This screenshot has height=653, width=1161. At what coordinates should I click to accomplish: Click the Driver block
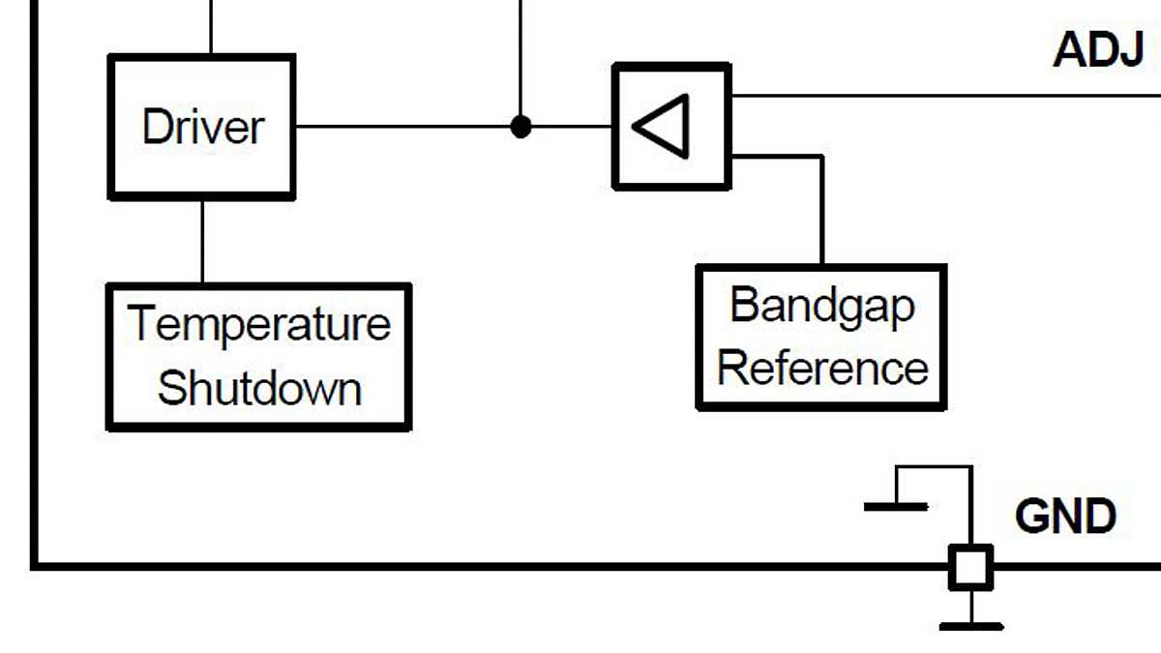tap(201, 127)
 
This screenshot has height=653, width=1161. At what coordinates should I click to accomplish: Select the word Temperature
tap(258, 324)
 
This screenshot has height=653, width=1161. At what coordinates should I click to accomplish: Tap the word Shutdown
tap(258, 388)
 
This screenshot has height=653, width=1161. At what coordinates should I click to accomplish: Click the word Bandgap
tap(821, 306)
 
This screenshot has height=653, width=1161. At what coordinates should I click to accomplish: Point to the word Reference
tap(822, 369)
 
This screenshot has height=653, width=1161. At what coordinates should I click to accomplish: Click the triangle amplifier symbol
tap(663, 126)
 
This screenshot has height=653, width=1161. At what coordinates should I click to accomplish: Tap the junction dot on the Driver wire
tap(521, 126)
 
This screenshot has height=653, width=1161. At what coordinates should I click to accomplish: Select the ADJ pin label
tap(1098, 48)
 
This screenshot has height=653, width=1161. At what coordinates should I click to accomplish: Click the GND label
tap(1065, 517)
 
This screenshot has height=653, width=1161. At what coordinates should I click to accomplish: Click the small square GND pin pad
tap(970, 568)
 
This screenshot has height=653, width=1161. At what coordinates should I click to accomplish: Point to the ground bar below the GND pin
tap(970, 627)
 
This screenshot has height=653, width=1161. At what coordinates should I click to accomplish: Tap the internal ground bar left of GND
tap(896, 506)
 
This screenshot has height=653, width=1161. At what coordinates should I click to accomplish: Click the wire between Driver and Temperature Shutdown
tap(202, 242)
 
